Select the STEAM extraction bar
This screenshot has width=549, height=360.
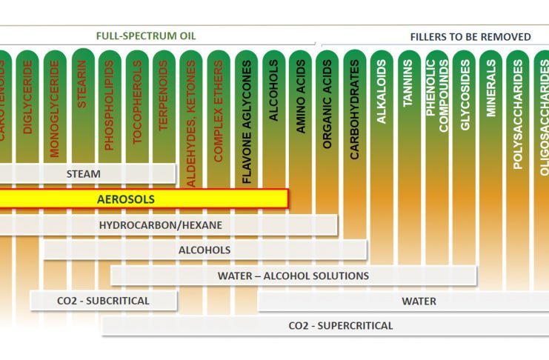coord(84,173)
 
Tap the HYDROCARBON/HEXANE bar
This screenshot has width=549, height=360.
coord(161,224)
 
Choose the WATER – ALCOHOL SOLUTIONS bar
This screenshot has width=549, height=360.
coord(293,276)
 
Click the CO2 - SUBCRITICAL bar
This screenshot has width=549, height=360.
coord(103,301)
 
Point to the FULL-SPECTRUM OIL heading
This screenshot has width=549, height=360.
coord(146,36)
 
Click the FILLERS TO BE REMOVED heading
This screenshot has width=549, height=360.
coord(470,36)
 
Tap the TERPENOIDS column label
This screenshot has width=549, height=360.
coord(164,96)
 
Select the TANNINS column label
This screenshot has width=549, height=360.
coord(408,83)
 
